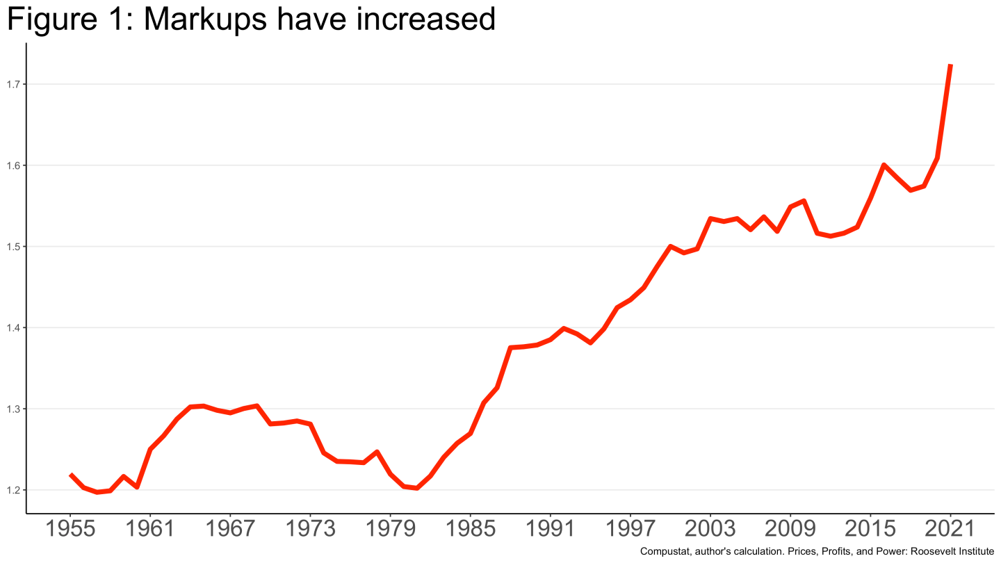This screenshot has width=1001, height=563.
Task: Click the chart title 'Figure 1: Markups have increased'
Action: tap(251, 19)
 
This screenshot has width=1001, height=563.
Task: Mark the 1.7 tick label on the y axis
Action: tap(13, 85)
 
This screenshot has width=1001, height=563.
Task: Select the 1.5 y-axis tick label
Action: tap(13, 247)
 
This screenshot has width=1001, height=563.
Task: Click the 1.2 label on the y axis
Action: tap(13, 490)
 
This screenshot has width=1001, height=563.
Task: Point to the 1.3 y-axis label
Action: tap(13, 409)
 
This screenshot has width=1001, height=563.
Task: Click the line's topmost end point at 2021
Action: tap(950, 65)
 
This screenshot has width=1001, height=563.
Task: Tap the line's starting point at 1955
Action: tap(71, 475)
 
